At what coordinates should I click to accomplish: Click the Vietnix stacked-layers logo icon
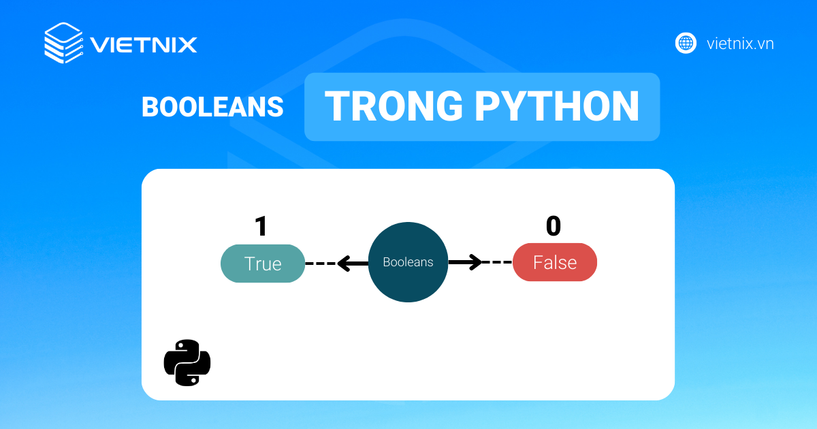click(63, 44)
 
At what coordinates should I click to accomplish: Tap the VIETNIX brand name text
click(144, 45)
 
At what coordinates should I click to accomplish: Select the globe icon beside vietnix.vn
click(686, 44)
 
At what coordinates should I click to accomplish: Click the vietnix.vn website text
click(740, 44)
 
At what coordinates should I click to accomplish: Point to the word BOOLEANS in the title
click(212, 107)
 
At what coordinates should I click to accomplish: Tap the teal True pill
click(263, 264)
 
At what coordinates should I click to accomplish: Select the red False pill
click(555, 263)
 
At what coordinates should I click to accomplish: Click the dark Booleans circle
click(408, 262)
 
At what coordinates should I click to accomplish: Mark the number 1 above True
click(261, 226)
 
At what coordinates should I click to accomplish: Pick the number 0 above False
click(553, 226)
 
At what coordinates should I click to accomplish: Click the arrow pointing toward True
click(352, 263)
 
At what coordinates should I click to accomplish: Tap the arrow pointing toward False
click(466, 262)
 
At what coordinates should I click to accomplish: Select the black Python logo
click(187, 362)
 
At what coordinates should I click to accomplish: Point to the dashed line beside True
click(320, 263)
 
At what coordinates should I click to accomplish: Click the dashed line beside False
click(498, 262)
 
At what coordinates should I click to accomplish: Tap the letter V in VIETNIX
click(101, 45)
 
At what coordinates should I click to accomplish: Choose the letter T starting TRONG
click(338, 106)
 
